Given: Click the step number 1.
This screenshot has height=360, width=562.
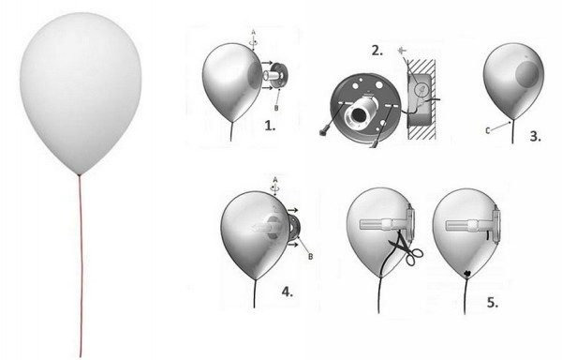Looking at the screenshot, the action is point(270,126).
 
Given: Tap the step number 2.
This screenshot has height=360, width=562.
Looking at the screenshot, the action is point(377,51).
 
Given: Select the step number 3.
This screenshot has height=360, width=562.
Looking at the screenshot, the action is point(535,137).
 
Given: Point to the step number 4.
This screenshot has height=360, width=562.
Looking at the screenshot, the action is point(288,292).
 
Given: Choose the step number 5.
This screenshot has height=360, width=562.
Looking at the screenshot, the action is point(493,303).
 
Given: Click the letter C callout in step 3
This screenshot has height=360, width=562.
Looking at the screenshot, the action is point(487,131).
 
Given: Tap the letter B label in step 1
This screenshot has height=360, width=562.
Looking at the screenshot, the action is point(276,108).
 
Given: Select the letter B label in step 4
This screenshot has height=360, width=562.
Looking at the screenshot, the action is point(310,256).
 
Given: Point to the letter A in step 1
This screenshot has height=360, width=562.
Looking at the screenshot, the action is point(254,32).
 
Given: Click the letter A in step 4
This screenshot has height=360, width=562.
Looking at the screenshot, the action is point(275,179).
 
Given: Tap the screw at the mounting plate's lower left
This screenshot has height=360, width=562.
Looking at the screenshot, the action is point(323,132).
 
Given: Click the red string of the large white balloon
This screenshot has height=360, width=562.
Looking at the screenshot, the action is point(81,266).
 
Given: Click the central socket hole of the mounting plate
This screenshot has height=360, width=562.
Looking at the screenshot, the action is point(358,114).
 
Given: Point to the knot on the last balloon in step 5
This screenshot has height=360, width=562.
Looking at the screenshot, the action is point(467,273).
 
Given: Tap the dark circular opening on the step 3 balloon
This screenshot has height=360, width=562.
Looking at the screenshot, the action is point(526,73).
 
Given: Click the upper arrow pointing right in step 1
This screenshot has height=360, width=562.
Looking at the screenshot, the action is point(267,63).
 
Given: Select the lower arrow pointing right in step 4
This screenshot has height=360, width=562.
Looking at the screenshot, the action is point(292,245).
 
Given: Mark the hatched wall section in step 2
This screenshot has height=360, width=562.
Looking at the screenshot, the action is point(421,99).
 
